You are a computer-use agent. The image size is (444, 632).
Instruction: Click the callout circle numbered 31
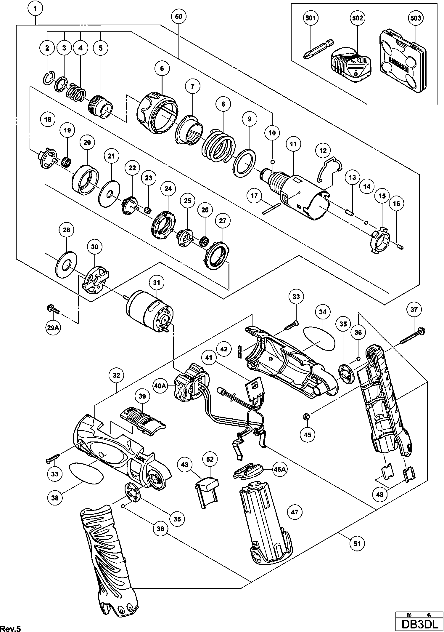click(157, 283)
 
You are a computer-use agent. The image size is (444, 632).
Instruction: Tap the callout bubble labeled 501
click(311, 18)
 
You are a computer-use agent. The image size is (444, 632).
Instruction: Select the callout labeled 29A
click(53, 328)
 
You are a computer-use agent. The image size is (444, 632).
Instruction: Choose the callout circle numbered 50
click(178, 17)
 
